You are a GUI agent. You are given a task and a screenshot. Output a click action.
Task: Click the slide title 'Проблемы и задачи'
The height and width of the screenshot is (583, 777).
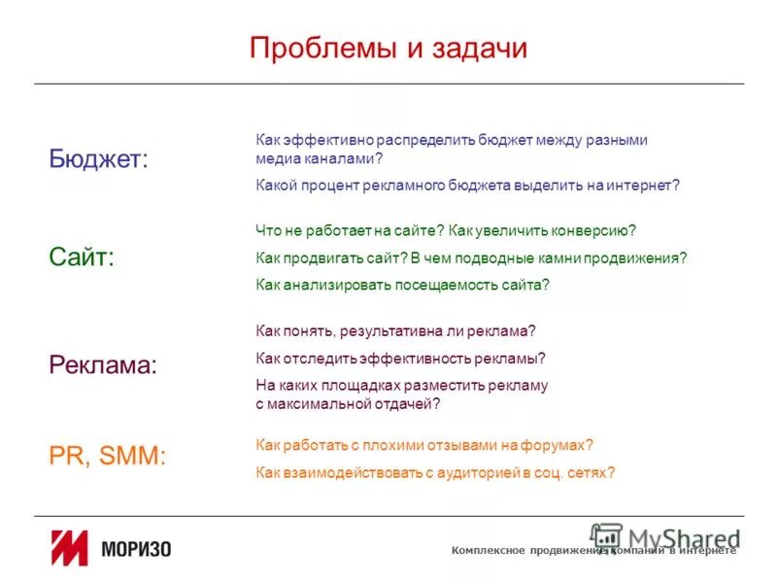click(x=388, y=49)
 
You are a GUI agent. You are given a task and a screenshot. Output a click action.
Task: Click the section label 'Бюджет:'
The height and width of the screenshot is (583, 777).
click(x=99, y=158)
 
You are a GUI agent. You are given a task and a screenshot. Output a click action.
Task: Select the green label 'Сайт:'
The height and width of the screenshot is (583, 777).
click(x=82, y=257)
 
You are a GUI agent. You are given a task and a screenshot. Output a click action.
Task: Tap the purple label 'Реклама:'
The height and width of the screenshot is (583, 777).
click(x=103, y=365)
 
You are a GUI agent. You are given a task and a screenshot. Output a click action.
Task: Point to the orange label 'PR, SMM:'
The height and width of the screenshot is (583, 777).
click(x=107, y=456)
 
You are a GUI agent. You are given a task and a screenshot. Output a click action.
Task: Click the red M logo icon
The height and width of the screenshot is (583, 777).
click(x=70, y=549)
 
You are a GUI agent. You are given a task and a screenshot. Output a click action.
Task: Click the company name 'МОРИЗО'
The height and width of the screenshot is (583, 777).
click(x=136, y=550)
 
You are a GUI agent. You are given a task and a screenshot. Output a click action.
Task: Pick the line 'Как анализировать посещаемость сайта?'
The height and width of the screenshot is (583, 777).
click(x=402, y=285)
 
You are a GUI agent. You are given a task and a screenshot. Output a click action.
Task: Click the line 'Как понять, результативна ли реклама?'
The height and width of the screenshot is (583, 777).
click(x=395, y=330)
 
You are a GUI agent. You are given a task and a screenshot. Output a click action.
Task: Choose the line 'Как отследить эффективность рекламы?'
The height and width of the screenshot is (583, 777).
click(x=400, y=358)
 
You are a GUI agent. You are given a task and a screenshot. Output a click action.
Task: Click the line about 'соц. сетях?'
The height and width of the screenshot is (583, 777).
click(x=435, y=472)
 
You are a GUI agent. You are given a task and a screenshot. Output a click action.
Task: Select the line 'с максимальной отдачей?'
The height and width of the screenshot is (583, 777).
click(x=348, y=402)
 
